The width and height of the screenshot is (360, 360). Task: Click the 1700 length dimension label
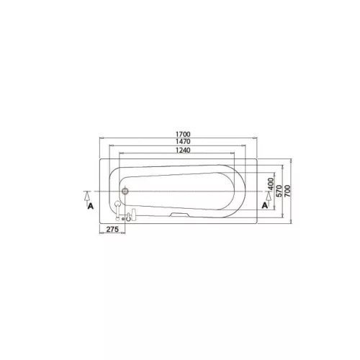pos(183,134)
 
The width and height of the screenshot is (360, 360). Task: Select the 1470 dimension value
pos(183,142)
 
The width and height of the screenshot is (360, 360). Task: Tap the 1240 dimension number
pos(183,150)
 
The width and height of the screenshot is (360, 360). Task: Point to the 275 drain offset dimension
pos(112,230)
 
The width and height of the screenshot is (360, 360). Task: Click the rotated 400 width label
pos(271,184)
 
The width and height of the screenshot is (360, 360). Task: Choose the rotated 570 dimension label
pos(279,191)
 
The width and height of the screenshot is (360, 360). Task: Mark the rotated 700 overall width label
pos(287,191)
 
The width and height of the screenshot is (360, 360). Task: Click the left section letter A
pos(91,206)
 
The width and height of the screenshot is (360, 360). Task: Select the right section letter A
pos(265,205)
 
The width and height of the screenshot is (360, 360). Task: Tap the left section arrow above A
pos(87,196)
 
